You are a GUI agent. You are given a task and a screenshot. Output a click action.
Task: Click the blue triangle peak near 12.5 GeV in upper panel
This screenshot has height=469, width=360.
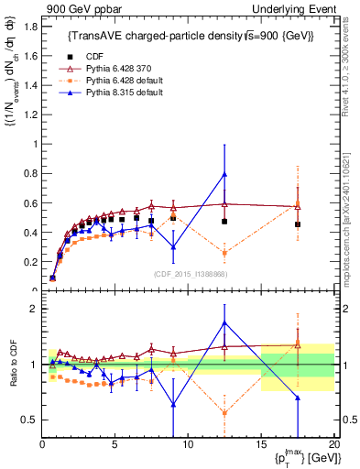click(224, 174)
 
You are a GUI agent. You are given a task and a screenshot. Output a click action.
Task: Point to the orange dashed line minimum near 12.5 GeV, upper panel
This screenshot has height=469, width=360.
click(224, 254)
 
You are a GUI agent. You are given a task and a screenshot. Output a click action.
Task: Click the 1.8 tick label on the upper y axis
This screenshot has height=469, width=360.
click(28, 27)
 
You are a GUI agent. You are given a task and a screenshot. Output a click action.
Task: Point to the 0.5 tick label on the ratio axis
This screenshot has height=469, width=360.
click(28, 420)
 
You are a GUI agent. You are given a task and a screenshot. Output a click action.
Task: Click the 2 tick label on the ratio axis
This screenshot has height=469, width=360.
click(33, 309)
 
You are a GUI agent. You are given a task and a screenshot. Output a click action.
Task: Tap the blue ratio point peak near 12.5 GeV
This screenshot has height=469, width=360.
click(224, 322)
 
